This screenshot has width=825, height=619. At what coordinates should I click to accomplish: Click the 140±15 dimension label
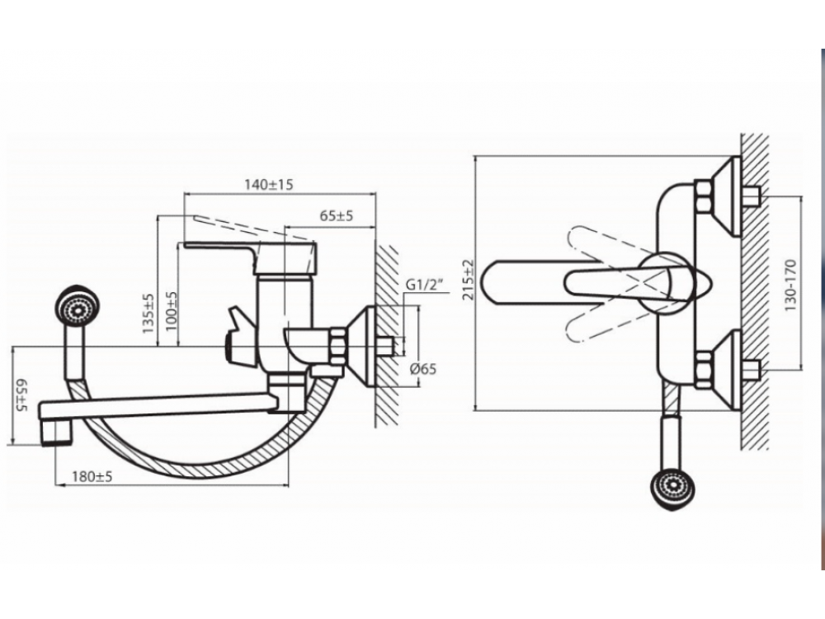pos(268,185)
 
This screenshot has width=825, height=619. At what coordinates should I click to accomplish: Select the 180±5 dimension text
pos(92,477)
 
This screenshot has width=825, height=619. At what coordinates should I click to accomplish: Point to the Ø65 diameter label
pos(423,368)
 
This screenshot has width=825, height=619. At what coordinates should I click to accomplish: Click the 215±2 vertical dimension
pos(468,280)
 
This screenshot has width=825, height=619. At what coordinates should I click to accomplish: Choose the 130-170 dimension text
pos(790,285)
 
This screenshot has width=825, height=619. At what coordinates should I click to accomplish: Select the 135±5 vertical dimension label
pos(148,313)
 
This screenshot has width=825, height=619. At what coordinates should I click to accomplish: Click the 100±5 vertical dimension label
pos(172,311)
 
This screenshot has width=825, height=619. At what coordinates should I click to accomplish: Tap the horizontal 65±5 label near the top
pos(337,215)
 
